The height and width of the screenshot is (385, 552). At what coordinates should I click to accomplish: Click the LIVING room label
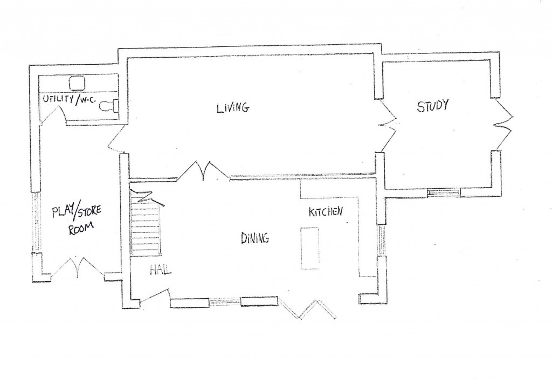[233, 107]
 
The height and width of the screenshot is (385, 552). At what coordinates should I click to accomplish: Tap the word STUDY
[433, 106]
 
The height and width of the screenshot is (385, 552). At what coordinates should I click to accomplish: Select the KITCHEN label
[325, 212]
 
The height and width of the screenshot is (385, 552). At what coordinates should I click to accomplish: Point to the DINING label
[255, 238]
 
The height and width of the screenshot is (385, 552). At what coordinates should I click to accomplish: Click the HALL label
[161, 270]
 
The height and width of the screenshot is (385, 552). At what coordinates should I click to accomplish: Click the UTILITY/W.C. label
[69, 99]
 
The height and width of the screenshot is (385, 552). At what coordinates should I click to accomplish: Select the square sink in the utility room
[77, 84]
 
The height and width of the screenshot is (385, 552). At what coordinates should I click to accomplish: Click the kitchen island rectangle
[310, 249]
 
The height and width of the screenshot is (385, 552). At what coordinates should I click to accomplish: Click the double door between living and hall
[203, 171]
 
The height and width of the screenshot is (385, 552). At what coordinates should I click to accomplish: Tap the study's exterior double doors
[503, 125]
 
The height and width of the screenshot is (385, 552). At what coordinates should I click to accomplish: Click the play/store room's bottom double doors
[78, 267]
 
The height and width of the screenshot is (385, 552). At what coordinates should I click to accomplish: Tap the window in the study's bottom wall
[444, 192]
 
